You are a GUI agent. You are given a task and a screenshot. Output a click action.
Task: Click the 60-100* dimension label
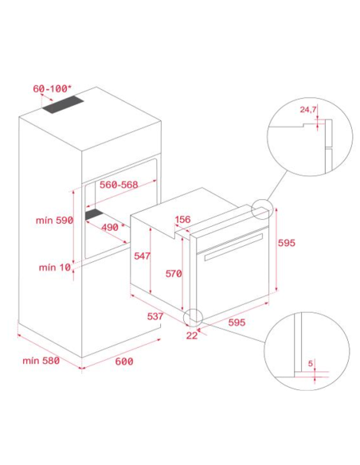(x=52, y=88)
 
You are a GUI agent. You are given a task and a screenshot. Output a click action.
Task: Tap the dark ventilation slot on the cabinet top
(x=63, y=104)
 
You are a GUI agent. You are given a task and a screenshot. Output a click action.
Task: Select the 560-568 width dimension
(x=119, y=185)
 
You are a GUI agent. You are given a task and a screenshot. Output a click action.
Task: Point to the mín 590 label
(x=54, y=220)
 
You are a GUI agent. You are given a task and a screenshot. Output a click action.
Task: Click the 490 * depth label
(x=113, y=227)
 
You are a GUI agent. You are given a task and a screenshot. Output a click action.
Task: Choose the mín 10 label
(x=55, y=268)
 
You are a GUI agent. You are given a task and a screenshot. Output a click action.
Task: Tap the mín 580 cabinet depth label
(x=41, y=361)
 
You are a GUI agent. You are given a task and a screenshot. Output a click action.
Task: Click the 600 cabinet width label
(x=124, y=361)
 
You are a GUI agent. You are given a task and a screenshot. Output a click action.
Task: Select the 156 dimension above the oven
(x=182, y=220)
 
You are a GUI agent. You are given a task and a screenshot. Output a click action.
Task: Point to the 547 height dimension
(x=142, y=256)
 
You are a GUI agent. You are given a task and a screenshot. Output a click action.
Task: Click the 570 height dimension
(x=174, y=273)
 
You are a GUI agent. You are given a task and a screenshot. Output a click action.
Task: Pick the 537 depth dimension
(x=155, y=316)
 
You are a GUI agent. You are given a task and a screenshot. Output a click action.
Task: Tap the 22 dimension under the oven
(x=192, y=335)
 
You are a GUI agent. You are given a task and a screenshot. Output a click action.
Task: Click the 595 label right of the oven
(x=287, y=243)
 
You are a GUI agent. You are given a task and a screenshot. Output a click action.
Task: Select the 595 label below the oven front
(x=237, y=322)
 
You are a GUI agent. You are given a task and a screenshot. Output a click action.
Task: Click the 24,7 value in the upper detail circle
(x=307, y=109)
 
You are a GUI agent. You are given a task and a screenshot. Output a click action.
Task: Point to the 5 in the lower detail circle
(x=310, y=363)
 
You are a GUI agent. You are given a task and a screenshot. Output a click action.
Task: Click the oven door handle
(x=233, y=247)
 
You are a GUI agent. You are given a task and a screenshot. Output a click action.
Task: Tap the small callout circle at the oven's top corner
(x=261, y=209)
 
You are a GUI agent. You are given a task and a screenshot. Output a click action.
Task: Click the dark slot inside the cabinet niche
(x=94, y=214)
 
